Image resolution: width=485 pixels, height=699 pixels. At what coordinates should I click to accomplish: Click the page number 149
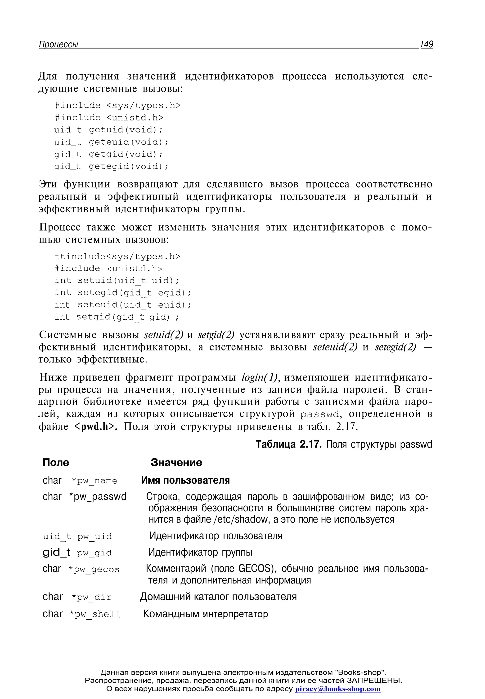[x=426, y=44]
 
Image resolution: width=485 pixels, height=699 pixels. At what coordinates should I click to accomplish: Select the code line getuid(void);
[x=108, y=130]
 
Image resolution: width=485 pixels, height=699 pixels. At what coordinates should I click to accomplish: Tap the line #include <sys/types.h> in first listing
[x=118, y=105]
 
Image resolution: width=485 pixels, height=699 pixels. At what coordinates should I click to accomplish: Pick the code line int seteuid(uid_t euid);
[x=123, y=305]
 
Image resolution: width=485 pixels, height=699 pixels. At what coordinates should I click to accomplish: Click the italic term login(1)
[x=260, y=377]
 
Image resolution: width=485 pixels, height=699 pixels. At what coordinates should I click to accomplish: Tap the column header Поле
[x=56, y=462]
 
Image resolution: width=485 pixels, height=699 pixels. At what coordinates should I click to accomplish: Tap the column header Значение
[x=176, y=462]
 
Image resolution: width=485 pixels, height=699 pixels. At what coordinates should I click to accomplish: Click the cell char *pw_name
[x=80, y=480]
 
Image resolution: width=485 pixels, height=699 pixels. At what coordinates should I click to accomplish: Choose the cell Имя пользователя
[x=185, y=480]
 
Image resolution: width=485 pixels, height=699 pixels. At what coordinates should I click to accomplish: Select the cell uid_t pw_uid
[x=77, y=536]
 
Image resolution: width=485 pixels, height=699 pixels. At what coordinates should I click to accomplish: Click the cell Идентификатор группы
[x=200, y=552]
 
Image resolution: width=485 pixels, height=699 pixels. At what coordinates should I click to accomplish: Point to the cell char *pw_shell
[x=81, y=614]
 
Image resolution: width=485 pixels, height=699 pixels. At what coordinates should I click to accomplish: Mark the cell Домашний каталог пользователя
[x=218, y=597]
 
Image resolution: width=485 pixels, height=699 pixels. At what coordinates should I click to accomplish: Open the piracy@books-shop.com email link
[x=338, y=689]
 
